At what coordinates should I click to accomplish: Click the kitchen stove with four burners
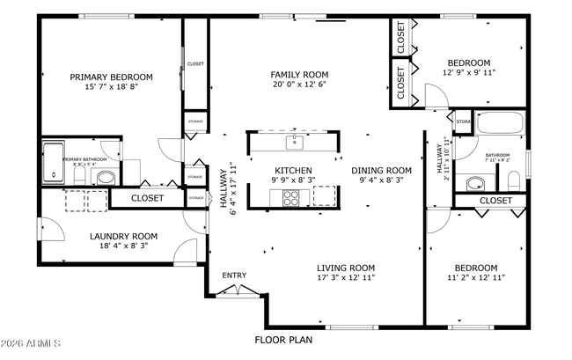[x=290, y=197]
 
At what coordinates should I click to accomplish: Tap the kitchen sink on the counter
[x=293, y=141]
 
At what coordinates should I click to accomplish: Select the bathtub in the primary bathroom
[x=54, y=161]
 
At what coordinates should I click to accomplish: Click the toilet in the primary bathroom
[x=77, y=176]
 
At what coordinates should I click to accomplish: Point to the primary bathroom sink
[x=104, y=178]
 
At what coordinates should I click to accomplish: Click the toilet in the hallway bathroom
[x=512, y=181]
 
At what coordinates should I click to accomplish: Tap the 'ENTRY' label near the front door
[x=234, y=276]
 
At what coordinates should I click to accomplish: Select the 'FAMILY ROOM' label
[x=299, y=75]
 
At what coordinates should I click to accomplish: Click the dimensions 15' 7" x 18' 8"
[x=111, y=87]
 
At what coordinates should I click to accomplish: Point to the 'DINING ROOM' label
[x=381, y=170]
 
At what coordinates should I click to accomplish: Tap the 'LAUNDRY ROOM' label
[x=123, y=236]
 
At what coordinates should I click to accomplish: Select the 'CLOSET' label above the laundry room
[x=147, y=198]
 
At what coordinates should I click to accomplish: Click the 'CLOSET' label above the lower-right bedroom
[x=496, y=201]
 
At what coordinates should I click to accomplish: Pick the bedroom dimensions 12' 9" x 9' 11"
[x=469, y=74]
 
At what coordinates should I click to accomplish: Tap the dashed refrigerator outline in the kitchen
[x=325, y=195]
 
